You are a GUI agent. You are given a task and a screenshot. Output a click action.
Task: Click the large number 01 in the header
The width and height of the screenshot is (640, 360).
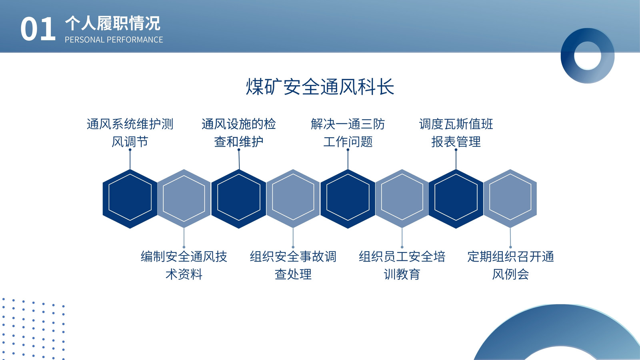(x=38, y=29)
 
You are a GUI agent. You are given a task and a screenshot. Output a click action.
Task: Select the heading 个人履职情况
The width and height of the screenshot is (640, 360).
(x=112, y=24)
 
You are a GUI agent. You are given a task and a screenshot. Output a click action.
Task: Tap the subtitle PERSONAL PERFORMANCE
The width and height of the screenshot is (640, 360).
(x=114, y=40)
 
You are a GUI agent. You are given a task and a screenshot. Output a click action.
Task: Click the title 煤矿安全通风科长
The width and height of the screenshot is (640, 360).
(x=320, y=86)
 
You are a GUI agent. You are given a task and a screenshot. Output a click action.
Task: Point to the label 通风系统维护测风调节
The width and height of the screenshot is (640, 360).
(x=130, y=133)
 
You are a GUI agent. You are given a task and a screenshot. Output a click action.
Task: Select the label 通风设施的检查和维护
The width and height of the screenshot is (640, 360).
(x=238, y=133)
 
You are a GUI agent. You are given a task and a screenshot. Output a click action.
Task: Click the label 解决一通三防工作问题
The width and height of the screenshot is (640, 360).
(x=348, y=133)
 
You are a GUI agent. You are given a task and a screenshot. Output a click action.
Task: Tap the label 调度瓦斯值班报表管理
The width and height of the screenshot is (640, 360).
(x=456, y=133)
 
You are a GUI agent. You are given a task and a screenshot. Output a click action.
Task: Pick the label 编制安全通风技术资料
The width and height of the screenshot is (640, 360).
(x=184, y=265)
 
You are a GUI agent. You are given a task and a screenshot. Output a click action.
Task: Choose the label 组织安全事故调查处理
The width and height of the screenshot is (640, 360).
(x=293, y=265)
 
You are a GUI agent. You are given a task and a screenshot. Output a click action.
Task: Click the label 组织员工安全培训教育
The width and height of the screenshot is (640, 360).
(x=402, y=265)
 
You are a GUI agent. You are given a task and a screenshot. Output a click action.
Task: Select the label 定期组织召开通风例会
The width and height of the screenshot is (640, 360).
(x=510, y=265)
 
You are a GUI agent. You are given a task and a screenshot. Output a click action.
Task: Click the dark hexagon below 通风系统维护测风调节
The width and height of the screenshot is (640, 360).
(x=130, y=199)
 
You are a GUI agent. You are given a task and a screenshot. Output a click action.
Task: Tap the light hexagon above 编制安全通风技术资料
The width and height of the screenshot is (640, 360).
(x=184, y=198)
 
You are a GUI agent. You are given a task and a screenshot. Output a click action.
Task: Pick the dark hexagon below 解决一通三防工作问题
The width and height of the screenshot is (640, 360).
(x=348, y=199)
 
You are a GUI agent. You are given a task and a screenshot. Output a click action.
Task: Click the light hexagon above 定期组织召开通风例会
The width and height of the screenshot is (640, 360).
(x=510, y=198)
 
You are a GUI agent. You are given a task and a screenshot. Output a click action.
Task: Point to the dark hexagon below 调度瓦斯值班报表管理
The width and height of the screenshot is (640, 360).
(x=456, y=199)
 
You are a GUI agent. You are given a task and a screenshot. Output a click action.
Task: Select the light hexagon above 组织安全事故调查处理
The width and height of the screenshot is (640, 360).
(x=293, y=198)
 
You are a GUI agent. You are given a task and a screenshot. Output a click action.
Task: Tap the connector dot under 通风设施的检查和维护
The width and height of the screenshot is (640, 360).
(x=239, y=150)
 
